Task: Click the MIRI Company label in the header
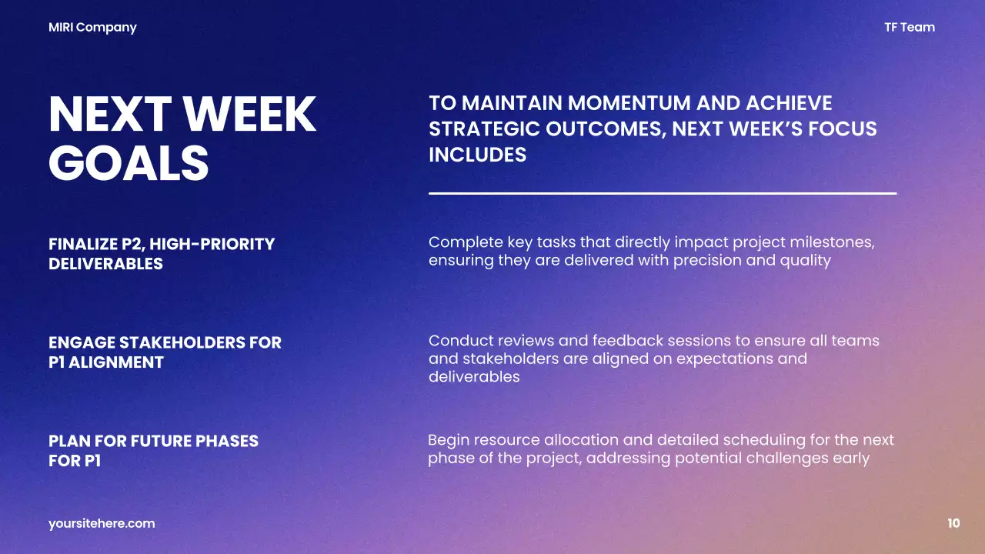(x=92, y=28)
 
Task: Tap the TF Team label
(x=910, y=28)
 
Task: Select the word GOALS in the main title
(x=129, y=162)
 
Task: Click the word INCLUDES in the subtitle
(x=477, y=155)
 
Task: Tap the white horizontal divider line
(x=662, y=193)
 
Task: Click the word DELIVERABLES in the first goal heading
(x=105, y=264)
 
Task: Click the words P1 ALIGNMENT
(x=105, y=362)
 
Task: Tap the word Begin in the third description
(x=448, y=440)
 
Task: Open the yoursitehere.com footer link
(x=102, y=523)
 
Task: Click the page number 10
(x=953, y=523)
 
